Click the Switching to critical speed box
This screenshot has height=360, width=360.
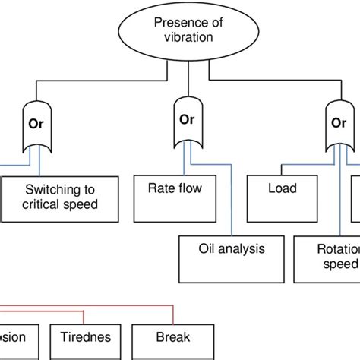coord(60,197)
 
